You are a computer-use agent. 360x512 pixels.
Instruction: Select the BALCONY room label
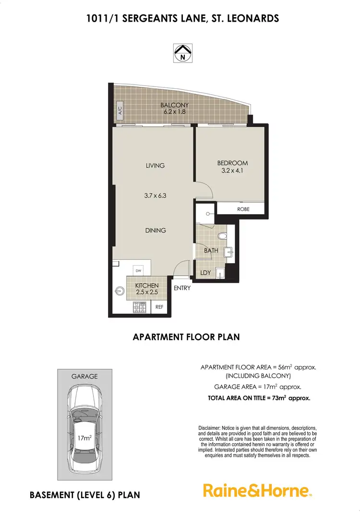click(x=175, y=105)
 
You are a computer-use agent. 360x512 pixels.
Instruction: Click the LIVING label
click(x=155, y=166)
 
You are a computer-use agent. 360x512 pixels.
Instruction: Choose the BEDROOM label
click(x=232, y=163)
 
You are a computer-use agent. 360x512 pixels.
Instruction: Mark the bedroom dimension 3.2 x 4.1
click(x=232, y=171)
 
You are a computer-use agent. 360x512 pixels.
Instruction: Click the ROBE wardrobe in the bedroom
click(x=243, y=209)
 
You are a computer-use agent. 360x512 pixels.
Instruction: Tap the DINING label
click(x=156, y=231)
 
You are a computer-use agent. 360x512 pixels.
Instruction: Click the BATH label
click(x=211, y=250)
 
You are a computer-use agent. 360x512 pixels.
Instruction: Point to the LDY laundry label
click(x=205, y=273)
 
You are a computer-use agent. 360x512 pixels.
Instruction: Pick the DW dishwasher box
click(x=138, y=270)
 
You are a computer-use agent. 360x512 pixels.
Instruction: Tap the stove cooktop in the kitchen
click(x=139, y=306)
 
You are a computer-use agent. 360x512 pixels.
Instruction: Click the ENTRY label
click(x=182, y=288)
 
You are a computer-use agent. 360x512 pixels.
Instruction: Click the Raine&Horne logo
click(x=258, y=490)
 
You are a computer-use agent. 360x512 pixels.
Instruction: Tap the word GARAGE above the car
click(x=84, y=377)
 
